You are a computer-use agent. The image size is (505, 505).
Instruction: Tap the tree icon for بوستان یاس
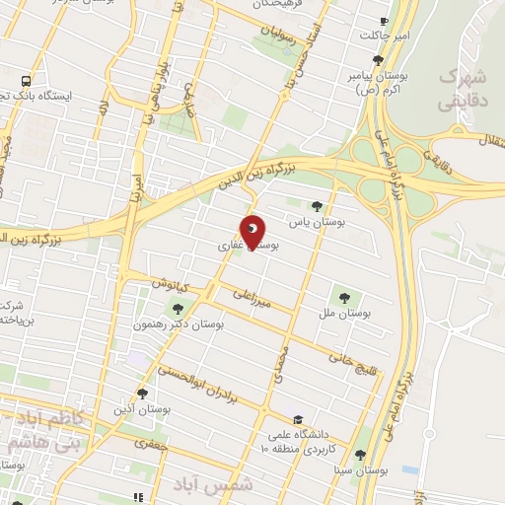tap(316, 206)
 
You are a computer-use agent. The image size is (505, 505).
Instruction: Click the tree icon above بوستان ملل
tap(344, 294)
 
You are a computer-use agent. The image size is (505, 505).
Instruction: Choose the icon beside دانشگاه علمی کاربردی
tap(298, 417)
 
